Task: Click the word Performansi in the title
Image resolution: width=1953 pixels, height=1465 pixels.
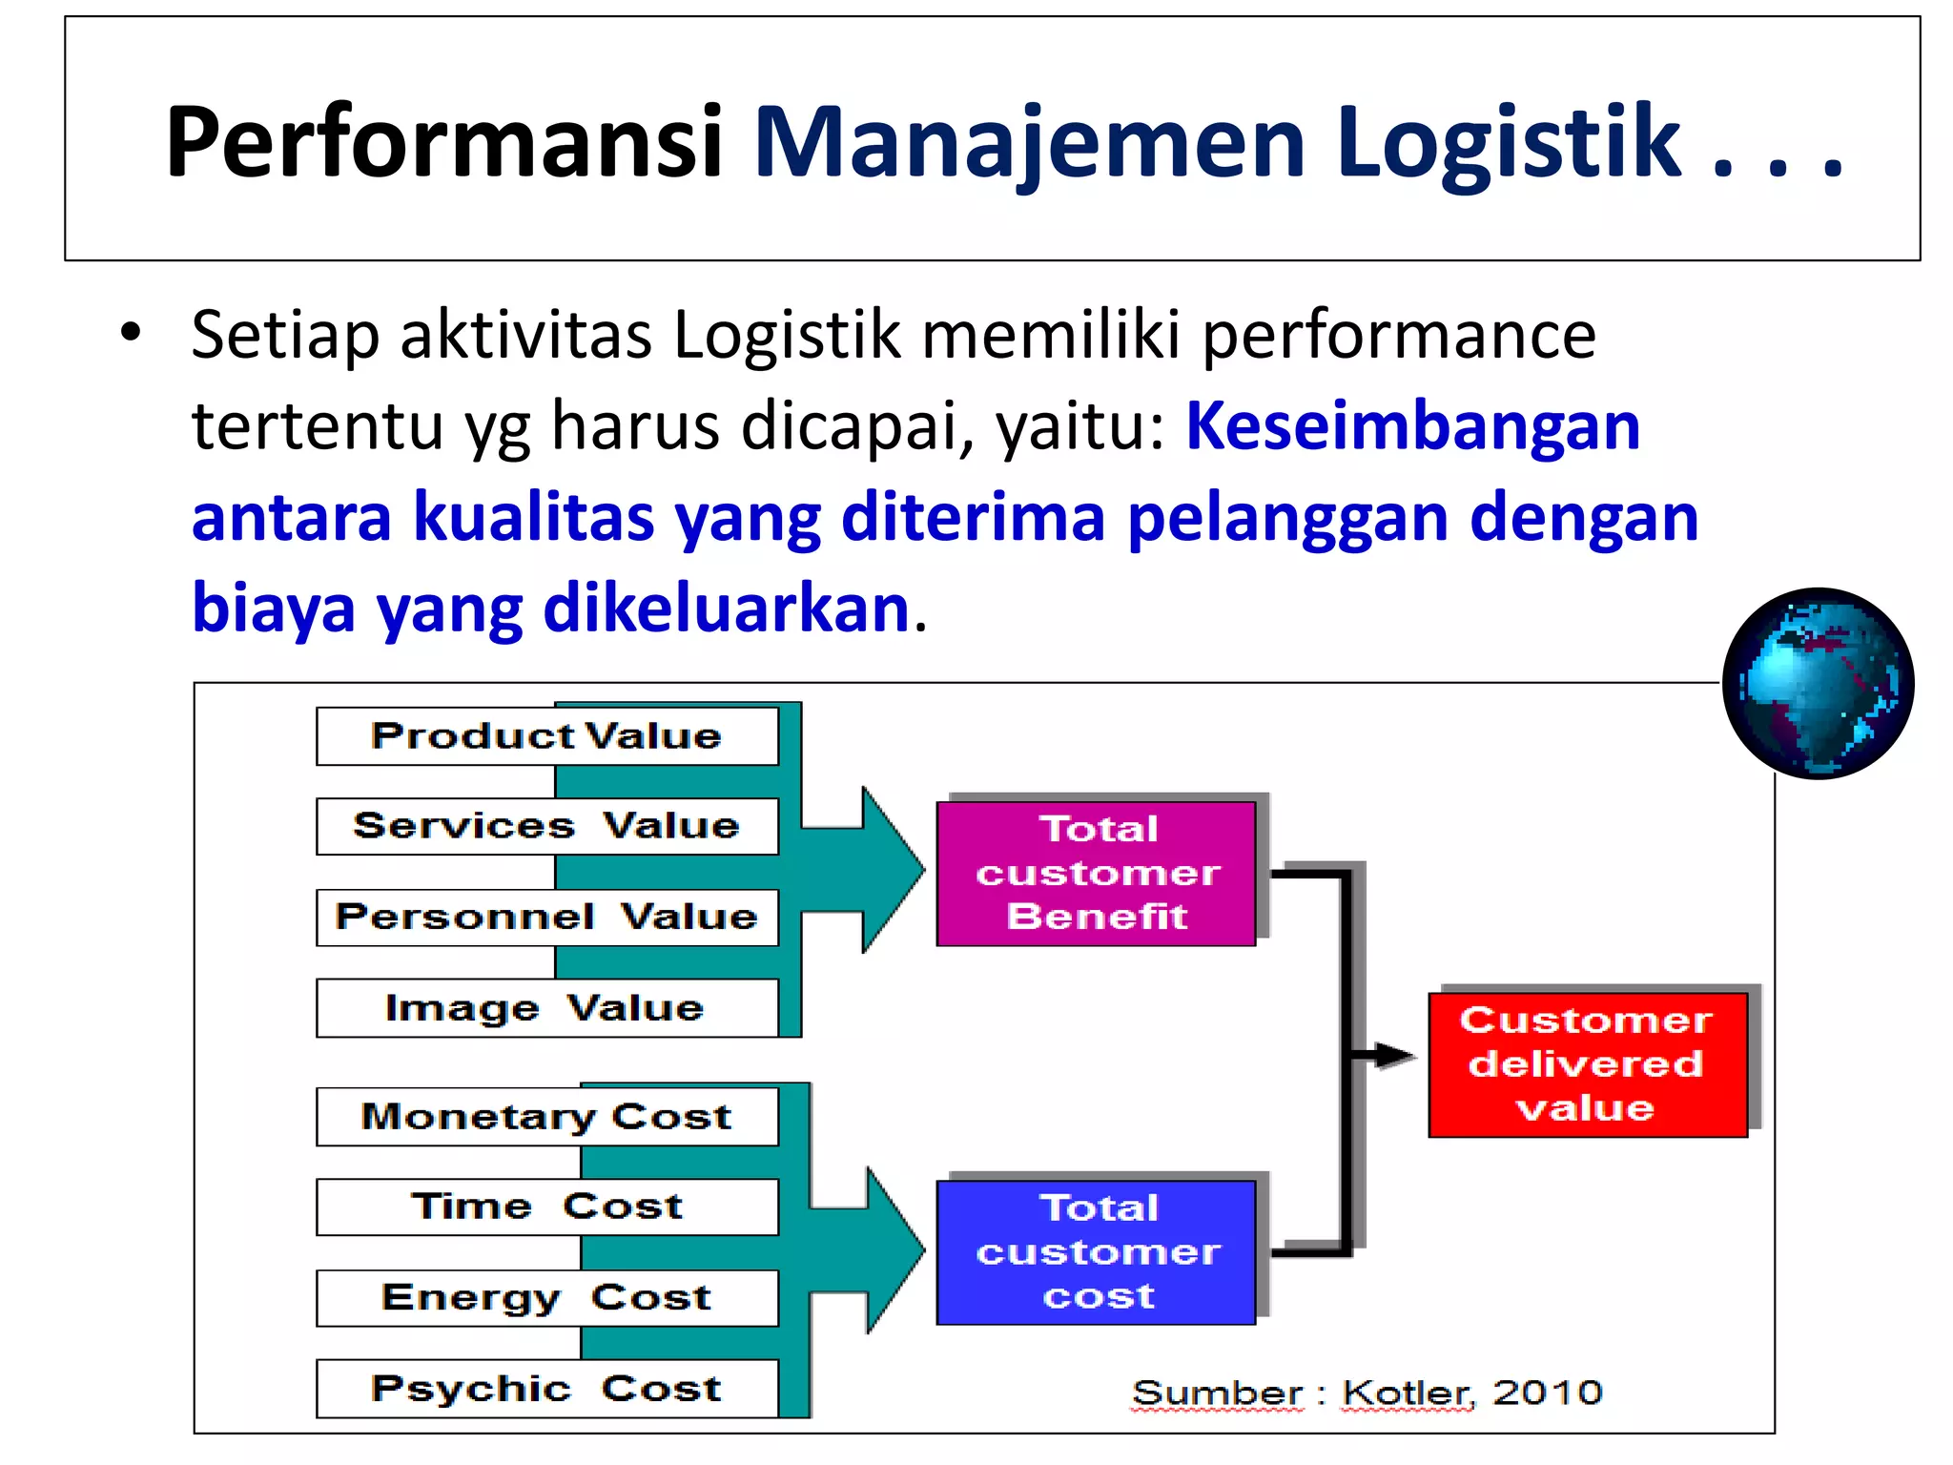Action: click(443, 143)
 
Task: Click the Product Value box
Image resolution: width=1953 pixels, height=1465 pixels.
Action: click(546, 736)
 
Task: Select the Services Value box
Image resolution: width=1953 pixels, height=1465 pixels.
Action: click(546, 826)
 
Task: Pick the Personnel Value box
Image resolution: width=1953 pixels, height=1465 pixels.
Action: click(546, 918)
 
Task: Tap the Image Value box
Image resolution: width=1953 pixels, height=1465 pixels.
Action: click(546, 1008)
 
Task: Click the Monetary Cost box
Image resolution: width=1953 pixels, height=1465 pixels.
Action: click(546, 1117)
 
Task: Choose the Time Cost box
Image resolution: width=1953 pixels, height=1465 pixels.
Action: click(546, 1207)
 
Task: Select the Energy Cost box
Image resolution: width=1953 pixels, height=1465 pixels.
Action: click(546, 1298)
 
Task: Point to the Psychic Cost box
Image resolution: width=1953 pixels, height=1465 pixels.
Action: click(546, 1389)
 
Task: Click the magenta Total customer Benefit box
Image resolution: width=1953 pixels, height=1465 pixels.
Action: click(1097, 874)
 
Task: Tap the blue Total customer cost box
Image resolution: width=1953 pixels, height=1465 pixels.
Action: click(1097, 1252)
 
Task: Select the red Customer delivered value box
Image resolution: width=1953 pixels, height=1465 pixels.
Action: click(1588, 1064)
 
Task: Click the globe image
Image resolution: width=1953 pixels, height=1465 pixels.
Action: click(1819, 683)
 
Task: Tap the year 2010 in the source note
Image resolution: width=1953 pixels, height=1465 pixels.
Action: click(1547, 1393)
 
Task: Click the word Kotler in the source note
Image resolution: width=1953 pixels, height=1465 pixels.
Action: click(1407, 1393)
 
